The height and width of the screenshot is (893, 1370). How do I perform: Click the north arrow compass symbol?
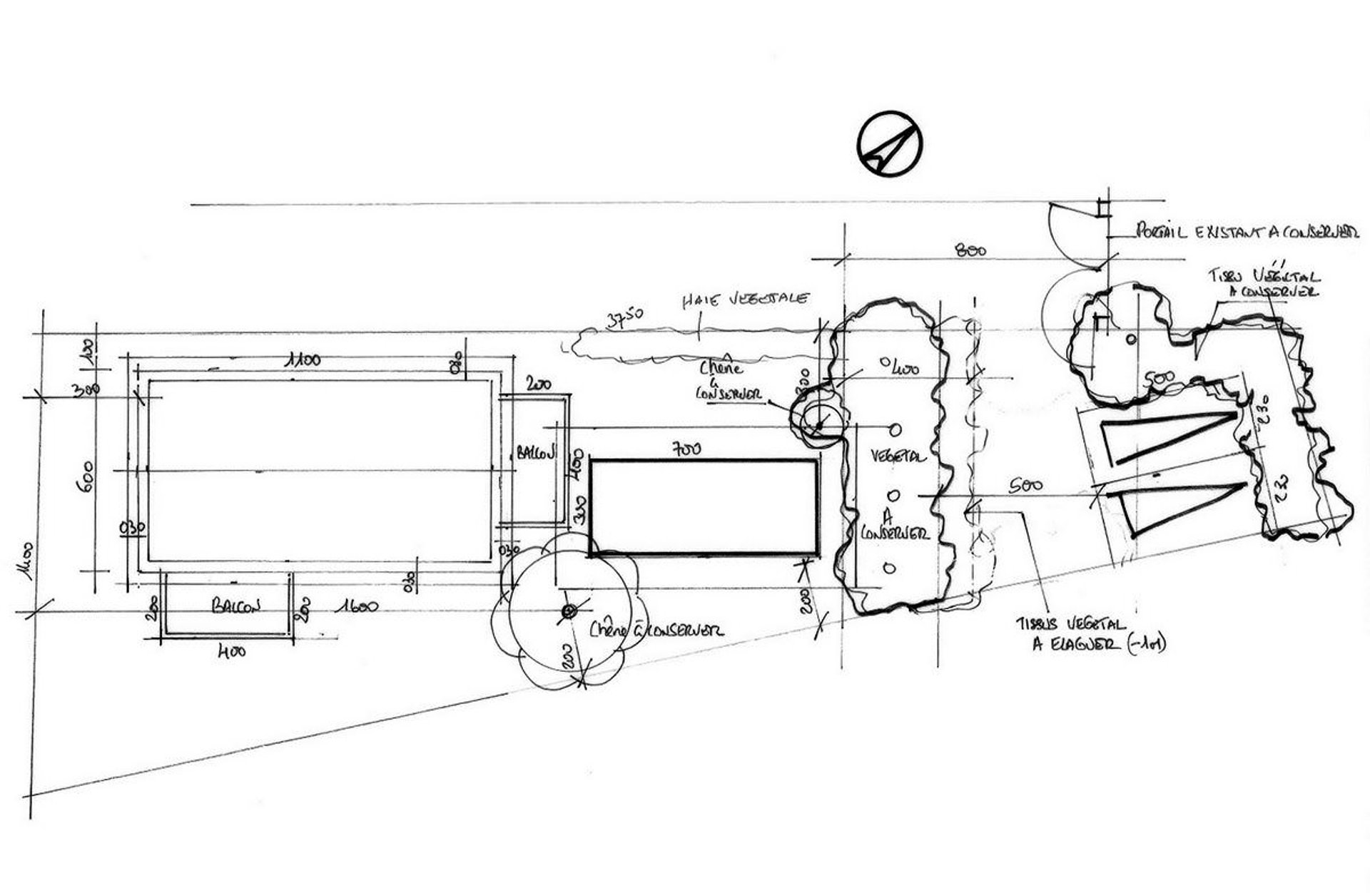pyautogui.click(x=889, y=143)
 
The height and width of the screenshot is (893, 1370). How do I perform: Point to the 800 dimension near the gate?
pyautogui.click(x=970, y=250)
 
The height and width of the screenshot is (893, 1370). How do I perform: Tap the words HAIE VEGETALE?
pyautogui.click(x=744, y=300)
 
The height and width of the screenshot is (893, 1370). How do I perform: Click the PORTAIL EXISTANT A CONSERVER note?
pyautogui.click(x=1246, y=231)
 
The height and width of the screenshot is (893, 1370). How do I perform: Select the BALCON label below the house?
pyautogui.click(x=235, y=606)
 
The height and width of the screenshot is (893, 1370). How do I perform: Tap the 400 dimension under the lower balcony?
pyautogui.click(x=230, y=650)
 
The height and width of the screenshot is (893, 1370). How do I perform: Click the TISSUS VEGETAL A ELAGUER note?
pyautogui.click(x=1092, y=634)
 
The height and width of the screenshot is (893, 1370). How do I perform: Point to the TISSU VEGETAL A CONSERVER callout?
pyautogui.click(x=1264, y=283)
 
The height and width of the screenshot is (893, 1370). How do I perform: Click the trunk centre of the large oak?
pyautogui.click(x=568, y=611)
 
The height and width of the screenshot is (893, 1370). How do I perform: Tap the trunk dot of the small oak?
pyautogui.click(x=819, y=426)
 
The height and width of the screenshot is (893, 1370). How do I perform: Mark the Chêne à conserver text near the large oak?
pyautogui.click(x=656, y=630)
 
